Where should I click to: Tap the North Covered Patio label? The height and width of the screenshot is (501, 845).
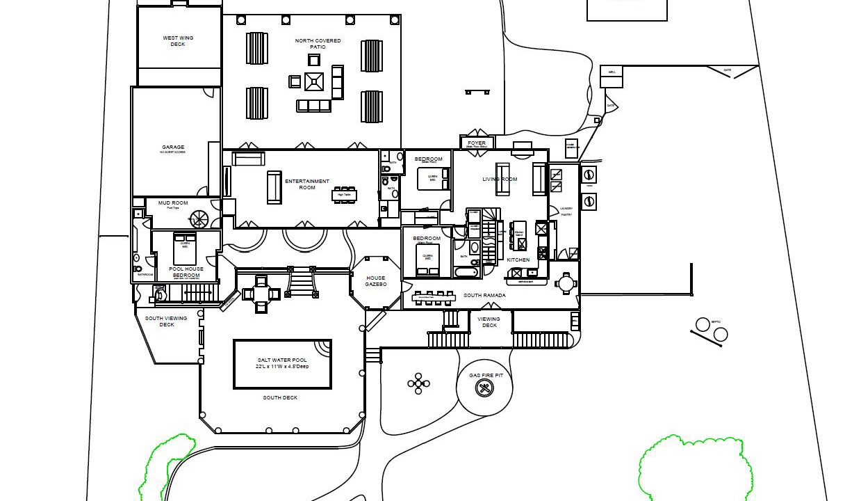(x=318, y=44)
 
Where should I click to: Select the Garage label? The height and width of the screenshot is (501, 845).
(x=173, y=148)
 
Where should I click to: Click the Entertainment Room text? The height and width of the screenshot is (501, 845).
(x=306, y=184)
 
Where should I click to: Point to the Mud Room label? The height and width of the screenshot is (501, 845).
(x=173, y=204)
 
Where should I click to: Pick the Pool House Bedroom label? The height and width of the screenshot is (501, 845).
(x=186, y=272)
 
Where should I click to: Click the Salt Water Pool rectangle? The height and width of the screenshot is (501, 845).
(x=282, y=364)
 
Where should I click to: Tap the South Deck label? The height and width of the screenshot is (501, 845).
(x=280, y=398)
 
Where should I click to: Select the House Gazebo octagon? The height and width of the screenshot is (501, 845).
(x=376, y=281)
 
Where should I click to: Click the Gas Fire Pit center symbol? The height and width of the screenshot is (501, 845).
(x=484, y=388)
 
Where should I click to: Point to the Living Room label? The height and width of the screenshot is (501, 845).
(x=500, y=180)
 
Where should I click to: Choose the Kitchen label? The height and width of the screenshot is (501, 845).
(x=518, y=260)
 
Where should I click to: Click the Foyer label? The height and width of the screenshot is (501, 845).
(x=477, y=143)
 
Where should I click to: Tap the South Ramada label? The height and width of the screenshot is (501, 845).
(x=484, y=296)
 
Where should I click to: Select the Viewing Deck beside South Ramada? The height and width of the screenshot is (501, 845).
(x=489, y=323)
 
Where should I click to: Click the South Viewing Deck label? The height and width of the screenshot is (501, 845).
(x=166, y=321)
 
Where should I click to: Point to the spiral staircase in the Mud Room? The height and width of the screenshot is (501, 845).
(x=199, y=220)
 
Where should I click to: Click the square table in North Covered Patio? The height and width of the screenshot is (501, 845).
(x=314, y=82)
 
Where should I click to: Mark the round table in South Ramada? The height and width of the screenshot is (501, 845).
(x=566, y=283)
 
